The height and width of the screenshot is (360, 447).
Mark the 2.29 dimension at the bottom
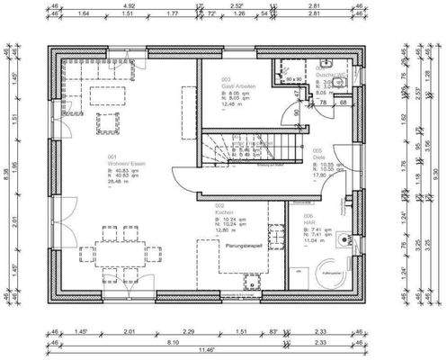[187, 332]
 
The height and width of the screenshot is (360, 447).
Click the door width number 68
[343, 103]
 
